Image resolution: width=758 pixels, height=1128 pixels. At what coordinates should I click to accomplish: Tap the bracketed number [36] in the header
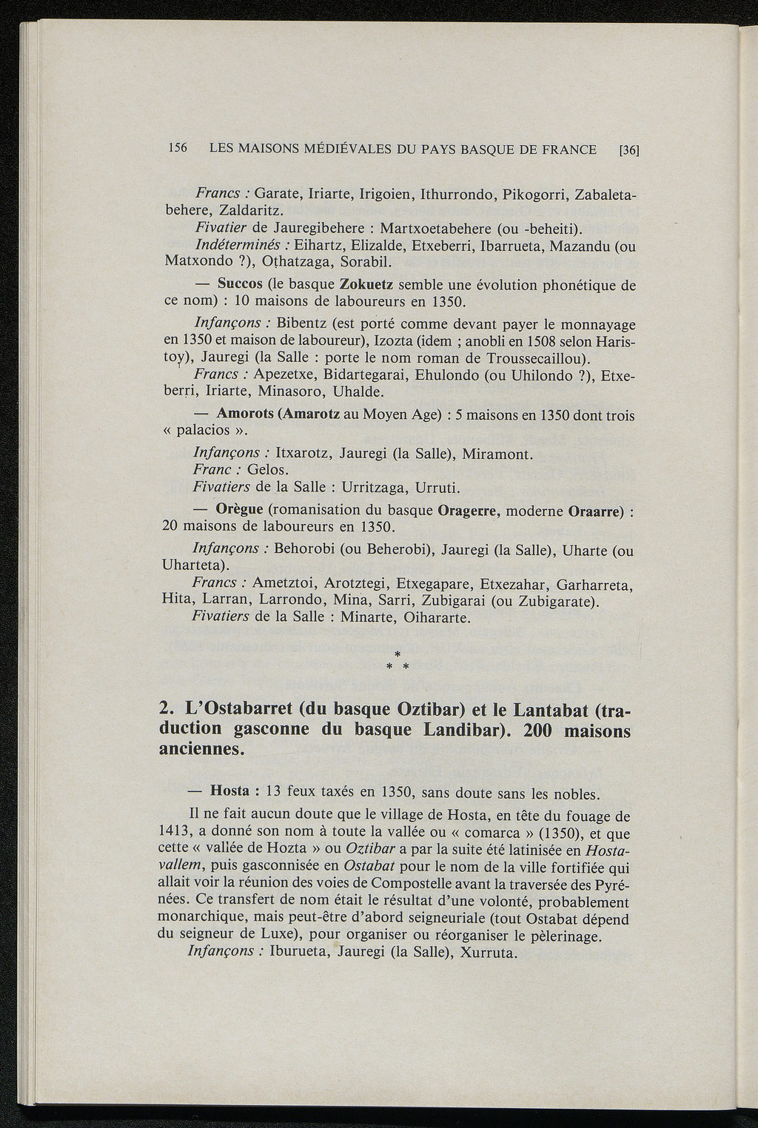628,150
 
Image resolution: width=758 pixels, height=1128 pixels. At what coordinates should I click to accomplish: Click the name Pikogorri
534,195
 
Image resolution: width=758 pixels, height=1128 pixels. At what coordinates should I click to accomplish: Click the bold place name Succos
240,284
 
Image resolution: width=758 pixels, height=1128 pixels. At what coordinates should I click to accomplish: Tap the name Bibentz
300,324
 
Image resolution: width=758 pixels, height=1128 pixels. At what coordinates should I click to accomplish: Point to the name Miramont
497,454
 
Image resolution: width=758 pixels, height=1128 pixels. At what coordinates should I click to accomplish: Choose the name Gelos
268,470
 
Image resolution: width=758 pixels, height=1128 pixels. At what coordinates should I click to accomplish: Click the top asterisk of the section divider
398,654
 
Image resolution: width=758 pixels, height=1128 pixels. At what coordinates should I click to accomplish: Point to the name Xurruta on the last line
486,952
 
